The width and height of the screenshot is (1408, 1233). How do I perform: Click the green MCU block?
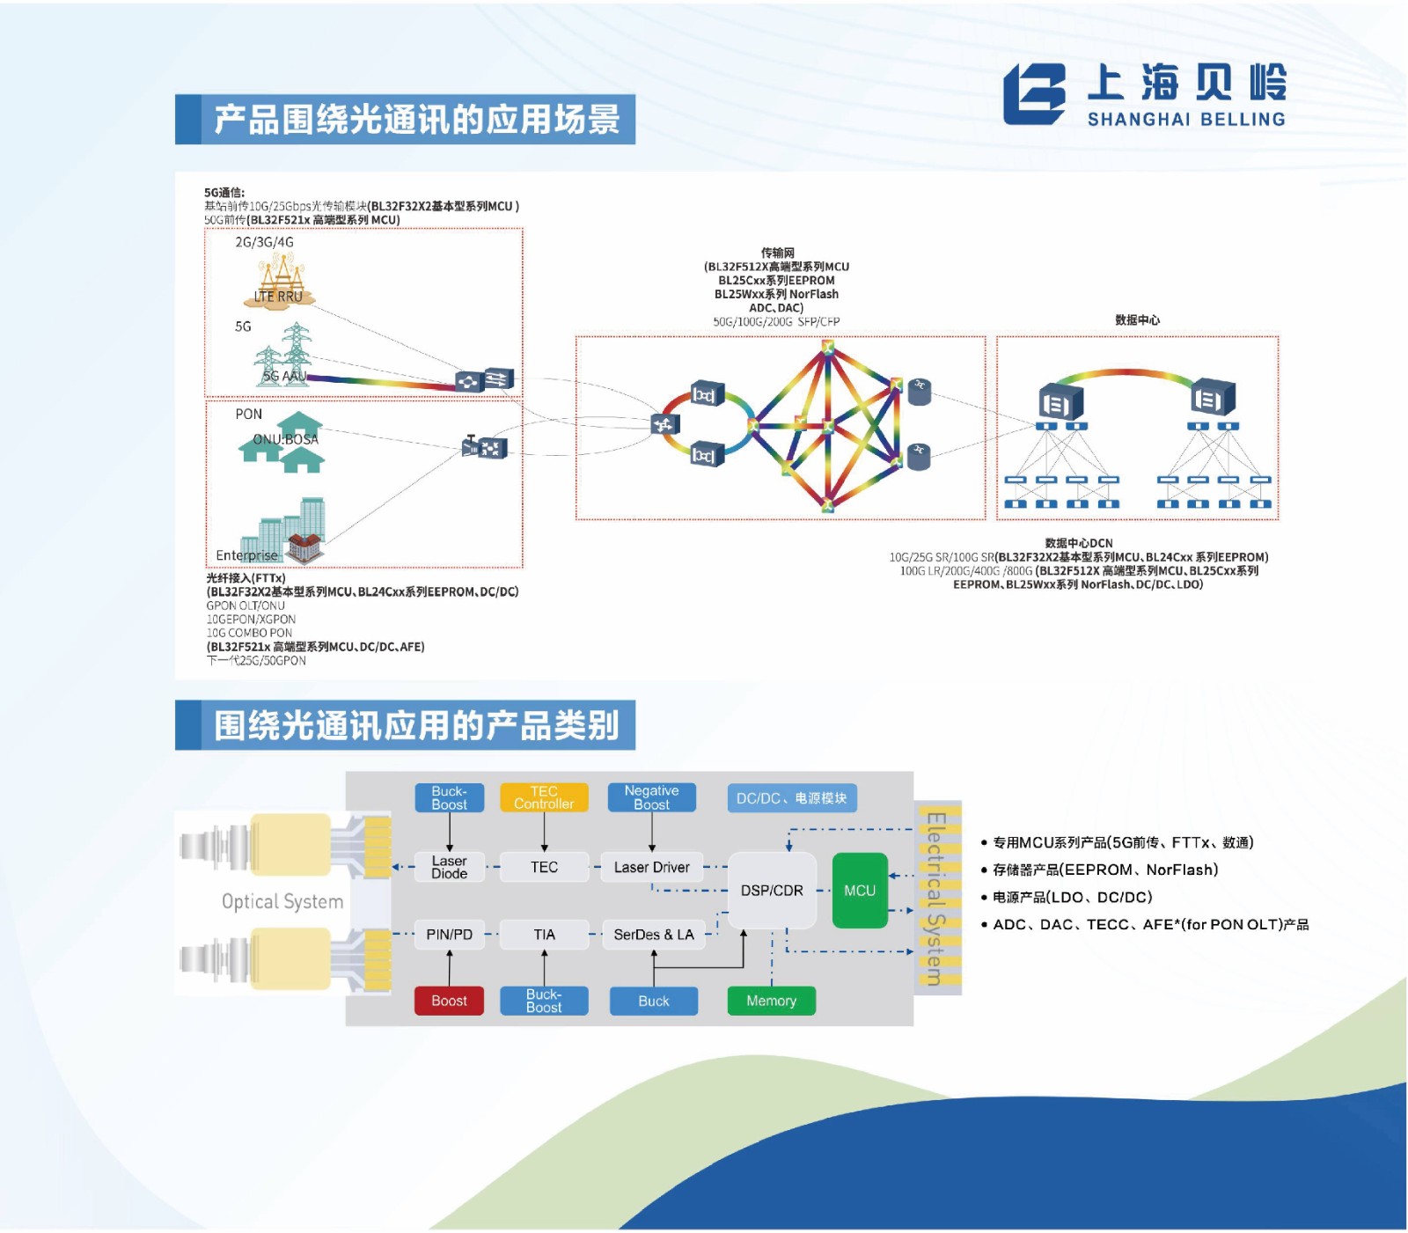point(859,890)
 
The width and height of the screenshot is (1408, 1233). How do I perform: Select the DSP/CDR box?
point(772,890)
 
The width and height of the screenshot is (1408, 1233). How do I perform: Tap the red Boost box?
point(449,1001)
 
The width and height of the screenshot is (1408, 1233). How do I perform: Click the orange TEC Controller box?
point(544,797)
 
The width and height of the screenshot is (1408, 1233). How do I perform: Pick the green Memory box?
point(771,1001)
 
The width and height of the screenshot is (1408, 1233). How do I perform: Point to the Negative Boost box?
point(651,797)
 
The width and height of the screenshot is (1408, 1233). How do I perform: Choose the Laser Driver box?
point(651,867)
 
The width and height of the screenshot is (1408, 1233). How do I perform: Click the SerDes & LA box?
point(653,935)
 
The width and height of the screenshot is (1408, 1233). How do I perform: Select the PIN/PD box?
point(449,935)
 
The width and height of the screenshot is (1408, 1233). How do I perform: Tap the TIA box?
point(544,935)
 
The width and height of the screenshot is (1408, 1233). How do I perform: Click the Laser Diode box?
point(449,867)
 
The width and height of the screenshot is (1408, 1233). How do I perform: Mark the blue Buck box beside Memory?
point(653,1001)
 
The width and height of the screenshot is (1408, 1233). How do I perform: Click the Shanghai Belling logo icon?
point(1035,93)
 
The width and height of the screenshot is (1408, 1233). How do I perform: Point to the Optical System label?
point(282,901)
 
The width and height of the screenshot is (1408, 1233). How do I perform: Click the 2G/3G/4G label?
point(264,242)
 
